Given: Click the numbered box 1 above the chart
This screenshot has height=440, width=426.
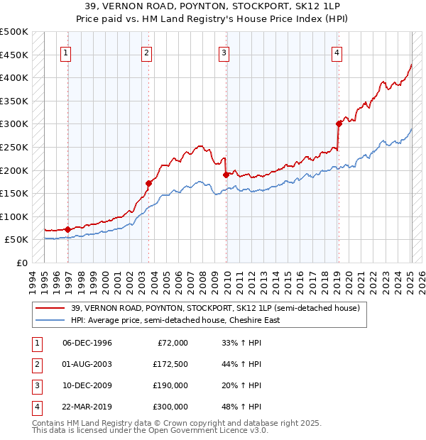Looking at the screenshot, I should click(65, 52).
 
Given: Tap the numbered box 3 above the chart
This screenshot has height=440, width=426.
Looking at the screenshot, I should click(224, 52).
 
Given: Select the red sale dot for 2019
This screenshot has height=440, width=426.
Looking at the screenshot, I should click(339, 123).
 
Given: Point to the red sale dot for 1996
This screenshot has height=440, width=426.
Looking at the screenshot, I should click(67, 229).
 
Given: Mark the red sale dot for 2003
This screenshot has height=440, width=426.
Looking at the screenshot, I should click(148, 182).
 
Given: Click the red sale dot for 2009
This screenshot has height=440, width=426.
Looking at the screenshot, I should click(226, 174).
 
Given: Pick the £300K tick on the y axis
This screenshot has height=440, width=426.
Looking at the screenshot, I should click(14, 124).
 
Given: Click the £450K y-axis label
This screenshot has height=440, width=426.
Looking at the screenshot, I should click(14, 55).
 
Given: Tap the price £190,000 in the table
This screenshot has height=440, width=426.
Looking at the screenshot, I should click(170, 385).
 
